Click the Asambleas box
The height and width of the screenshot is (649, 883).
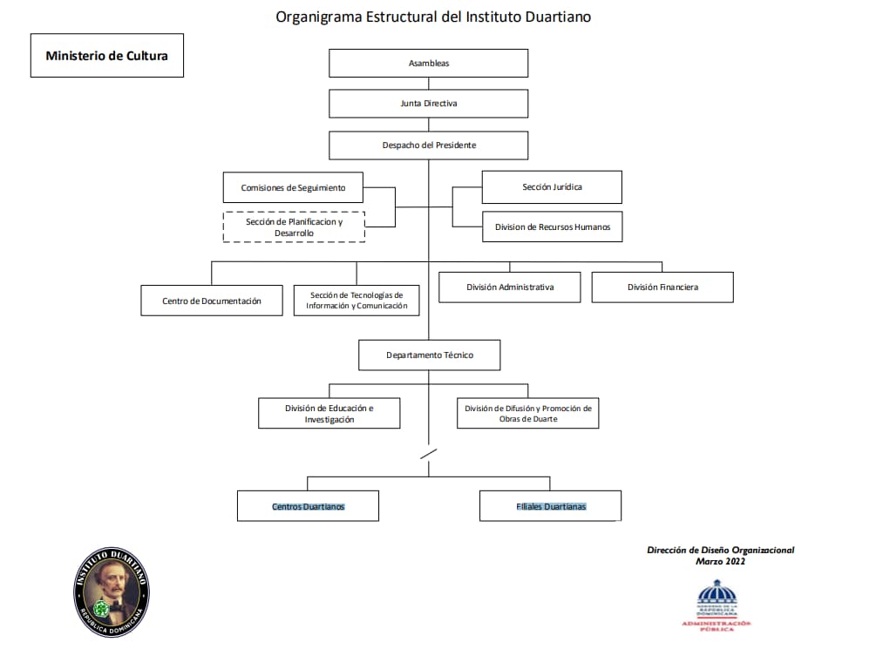coord(428,64)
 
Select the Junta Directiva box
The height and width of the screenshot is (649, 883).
coord(428,104)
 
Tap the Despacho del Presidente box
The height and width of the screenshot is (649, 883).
coord(428,145)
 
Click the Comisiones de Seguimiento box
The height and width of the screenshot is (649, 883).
coord(293,188)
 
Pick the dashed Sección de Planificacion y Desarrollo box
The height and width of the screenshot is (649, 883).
coord(294,226)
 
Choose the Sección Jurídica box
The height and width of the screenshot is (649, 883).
coord(552,187)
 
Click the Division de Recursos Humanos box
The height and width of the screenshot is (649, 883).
coord(552,227)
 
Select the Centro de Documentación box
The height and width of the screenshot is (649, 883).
coord(212,301)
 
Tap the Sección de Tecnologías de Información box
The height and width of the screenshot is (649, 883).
coord(357,301)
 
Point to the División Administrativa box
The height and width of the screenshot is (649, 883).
coord(510,287)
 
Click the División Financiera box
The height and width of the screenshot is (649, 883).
coord(662,287)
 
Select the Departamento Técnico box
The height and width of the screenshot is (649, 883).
coord(430,355)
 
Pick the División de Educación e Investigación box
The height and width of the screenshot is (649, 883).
coord(329,414)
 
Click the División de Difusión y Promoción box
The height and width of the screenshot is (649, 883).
coord(528,414)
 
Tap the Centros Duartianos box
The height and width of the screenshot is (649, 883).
coord(308,506)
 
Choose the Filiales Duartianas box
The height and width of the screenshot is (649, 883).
coord(550,506)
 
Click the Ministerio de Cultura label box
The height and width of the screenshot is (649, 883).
coord(107,56)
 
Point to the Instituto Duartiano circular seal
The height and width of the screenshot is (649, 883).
coord(112,592)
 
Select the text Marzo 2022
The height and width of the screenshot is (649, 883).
coord(720,562)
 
